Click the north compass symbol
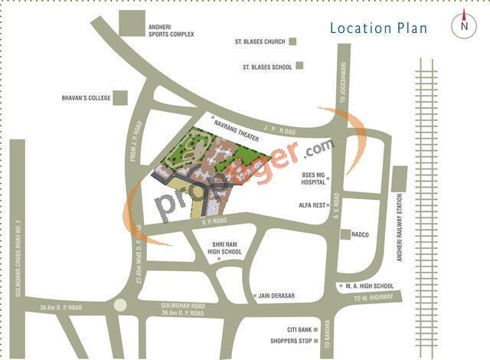click(464, 25)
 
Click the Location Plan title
click(378, 28)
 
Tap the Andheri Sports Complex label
click(171, 31)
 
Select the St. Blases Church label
click(260, 41)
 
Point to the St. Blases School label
click(267, 67)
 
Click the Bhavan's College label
click(86, 98)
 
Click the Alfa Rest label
click(312, 205)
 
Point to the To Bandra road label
click(325, 334)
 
